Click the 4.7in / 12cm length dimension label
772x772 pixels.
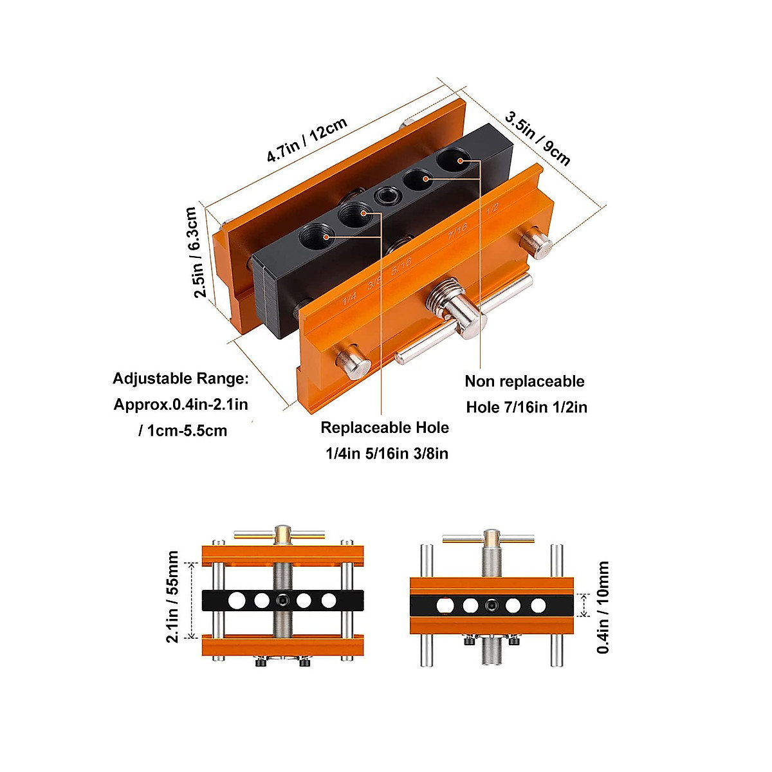coord(308,140)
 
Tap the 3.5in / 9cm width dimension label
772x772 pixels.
coord(538,138)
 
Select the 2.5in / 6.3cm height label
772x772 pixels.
coord(196,252)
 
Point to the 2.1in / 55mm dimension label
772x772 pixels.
coord(172,596)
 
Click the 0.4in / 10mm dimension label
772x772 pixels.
coord(603,607)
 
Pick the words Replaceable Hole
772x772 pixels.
coord(385,428)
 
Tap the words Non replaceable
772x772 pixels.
coord(524,381)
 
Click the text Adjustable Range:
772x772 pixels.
coord(180,378)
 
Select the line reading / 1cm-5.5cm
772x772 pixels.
coord(183,431)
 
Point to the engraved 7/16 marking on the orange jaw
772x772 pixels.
coord(457,232)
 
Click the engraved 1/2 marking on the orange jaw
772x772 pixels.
coord(492,209)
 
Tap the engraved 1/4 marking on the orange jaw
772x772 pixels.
coord(349,298)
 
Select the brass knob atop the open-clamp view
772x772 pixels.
coord(283,532)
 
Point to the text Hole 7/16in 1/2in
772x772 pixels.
coord(526,407)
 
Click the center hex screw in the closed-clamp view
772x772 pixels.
coord(492,605)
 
